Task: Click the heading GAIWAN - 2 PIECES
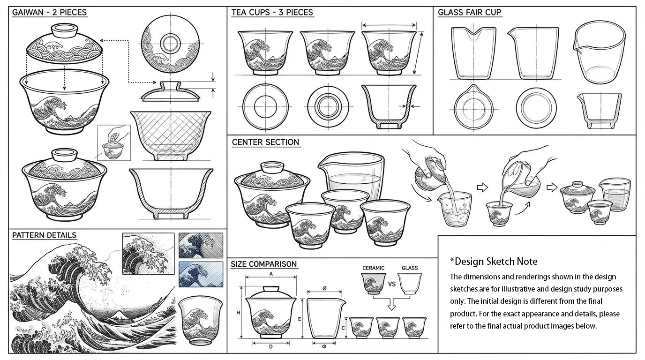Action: tap(49, 12)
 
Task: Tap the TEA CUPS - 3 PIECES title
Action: tap(272, 12)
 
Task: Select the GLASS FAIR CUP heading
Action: tap(470, 12)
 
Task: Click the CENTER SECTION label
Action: tap(265, 142)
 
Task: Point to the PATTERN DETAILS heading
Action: tap(45, 235)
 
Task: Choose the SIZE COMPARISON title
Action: tap(264, 264)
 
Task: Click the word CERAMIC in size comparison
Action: tap(373, 268)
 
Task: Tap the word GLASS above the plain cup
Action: tap(410, 268)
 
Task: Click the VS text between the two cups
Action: tap(391, 284)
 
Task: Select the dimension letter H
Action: tap(238, 313)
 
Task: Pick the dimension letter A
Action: tap(271, 274)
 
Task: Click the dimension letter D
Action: tap(270, 346)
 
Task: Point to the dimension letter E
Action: tap(300, 319)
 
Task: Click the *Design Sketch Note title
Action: tap(494, 261)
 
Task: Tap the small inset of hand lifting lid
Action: tap(114, 142)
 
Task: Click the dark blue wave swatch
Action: tap(201, 245)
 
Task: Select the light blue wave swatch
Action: tap(201, 274)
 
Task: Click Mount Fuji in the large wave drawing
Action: tap(118, 315)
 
